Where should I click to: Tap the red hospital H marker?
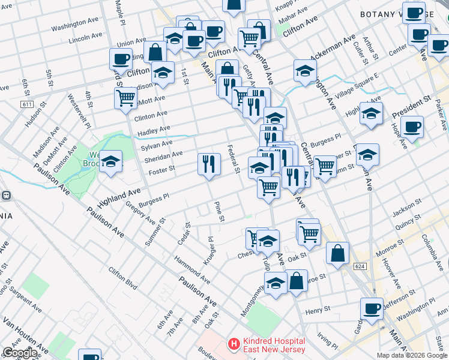tap(231, 345)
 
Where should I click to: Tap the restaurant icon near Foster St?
tap(208, 164)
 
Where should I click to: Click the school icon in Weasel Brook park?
tap(111, 161)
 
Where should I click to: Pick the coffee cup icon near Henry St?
tap(372, 308)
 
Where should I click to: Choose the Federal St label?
tap(233, 159)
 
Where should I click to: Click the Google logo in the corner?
tap(20, 353)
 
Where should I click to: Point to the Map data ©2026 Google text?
tap(411, 355)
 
